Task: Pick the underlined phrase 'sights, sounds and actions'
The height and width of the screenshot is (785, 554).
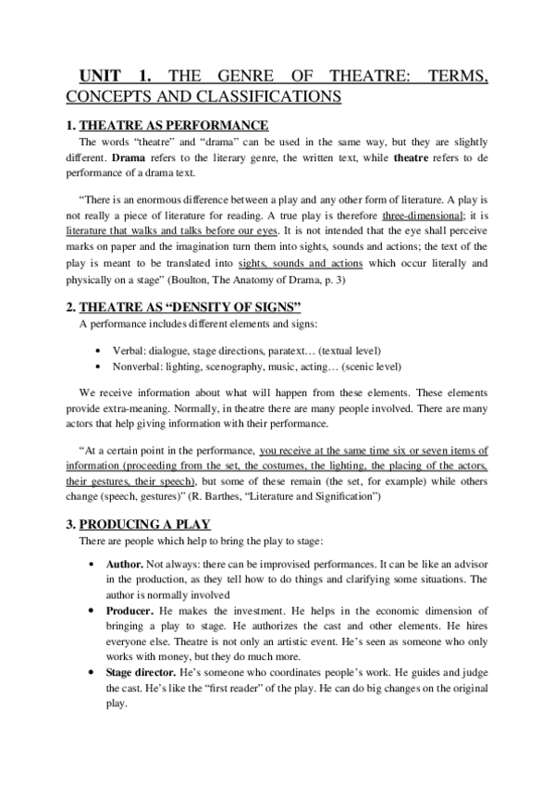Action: (310, 263)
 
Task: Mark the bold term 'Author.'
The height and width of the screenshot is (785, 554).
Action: (126, 564)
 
